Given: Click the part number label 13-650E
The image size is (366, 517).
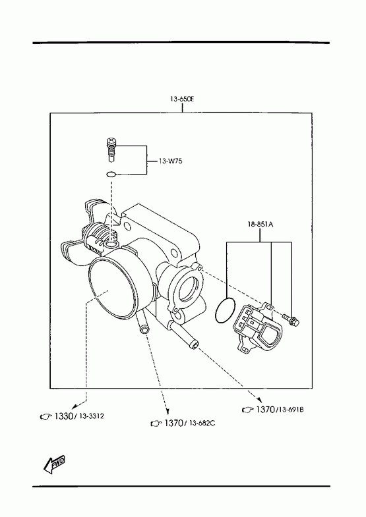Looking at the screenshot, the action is point(182,99).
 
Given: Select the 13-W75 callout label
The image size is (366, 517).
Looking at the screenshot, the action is point(170,161).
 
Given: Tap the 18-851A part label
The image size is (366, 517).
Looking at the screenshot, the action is point(260,225).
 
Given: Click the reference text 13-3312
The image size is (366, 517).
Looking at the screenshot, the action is point(92,416).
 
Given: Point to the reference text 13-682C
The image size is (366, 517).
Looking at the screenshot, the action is point(202,423).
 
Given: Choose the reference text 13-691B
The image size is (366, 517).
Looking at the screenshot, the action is point(290,410).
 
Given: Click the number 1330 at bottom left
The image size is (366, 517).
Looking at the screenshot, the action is point(63,416).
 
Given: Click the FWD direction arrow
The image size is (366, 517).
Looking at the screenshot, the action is point(54,464).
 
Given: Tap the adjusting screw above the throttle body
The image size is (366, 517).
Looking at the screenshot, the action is point(111,150).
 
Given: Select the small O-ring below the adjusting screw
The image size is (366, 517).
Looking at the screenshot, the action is point(111,174).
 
